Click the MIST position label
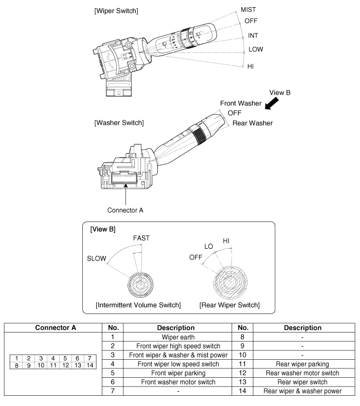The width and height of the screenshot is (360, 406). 249,9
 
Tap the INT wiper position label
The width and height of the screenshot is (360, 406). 253,36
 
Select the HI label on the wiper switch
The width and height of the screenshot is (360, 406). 250,67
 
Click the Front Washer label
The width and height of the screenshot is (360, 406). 241,103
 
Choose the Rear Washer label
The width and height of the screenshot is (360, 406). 252,123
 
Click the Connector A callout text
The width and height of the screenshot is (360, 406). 125,210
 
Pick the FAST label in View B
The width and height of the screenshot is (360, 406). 142,239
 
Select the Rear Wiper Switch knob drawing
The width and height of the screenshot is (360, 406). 230,283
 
